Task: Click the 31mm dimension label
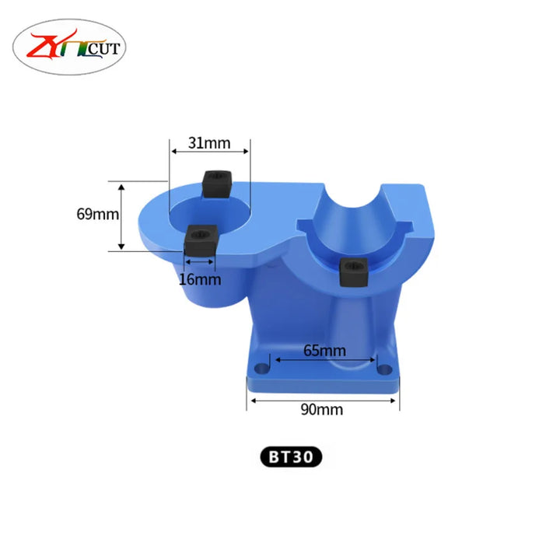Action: (209, 143)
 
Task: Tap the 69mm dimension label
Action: (98, 215)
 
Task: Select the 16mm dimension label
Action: (200, 279)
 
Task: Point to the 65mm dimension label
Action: (324, 351)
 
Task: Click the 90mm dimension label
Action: (322, 410)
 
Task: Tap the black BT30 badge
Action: (291, 457)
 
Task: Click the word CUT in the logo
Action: (103, 49)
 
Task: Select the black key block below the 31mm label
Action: (217, 184)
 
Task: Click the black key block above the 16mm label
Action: (201, 240)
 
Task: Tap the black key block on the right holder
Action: (354, 272)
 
